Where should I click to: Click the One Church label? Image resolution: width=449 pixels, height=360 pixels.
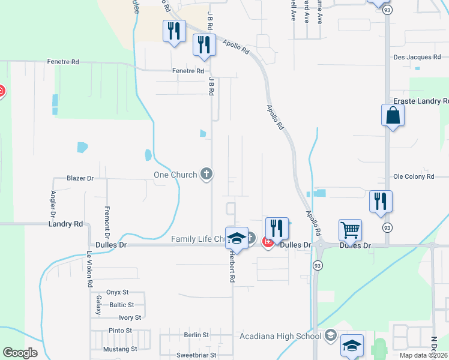pos(175,175)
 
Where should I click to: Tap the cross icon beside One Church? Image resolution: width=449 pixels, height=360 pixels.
pos(206,175)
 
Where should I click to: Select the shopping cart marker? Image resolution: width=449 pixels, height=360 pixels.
pos(350,229)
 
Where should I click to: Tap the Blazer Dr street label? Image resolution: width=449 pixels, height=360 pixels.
pos(80,178)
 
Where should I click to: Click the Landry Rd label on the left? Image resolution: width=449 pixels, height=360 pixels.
pos(65,224)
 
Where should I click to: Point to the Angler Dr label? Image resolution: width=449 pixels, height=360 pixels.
pos(53,203)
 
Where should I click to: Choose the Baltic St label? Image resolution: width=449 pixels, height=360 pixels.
pos(122,305)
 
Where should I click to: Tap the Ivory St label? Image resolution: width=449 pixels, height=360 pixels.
pos(130,317)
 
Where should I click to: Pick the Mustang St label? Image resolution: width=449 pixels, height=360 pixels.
pos(120,349)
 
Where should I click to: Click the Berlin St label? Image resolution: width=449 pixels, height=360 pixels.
pos(196,335)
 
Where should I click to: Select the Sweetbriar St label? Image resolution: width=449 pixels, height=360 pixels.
pos(196,355)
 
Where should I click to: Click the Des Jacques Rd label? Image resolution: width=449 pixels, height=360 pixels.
pos(417,57)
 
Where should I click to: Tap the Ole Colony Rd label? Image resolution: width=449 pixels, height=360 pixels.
pos(413,177)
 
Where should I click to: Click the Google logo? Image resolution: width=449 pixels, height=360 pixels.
pos(20,353)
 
